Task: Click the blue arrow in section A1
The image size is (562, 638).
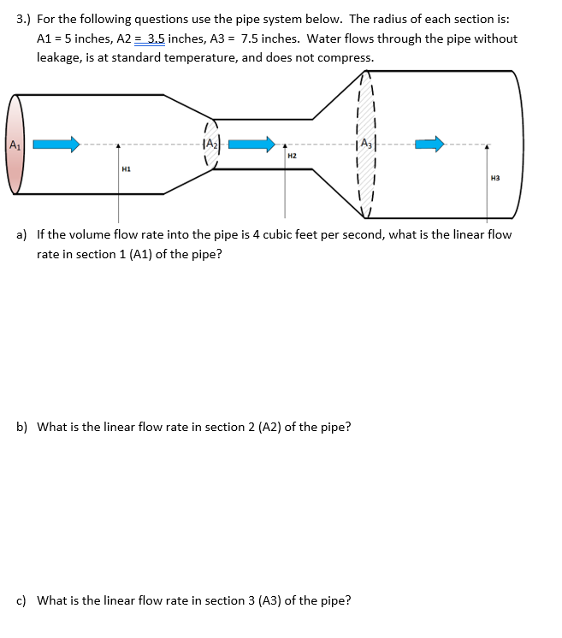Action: pos(56,144)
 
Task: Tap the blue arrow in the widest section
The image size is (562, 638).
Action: pos(429,144)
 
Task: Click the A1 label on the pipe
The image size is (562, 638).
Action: pos(15,144)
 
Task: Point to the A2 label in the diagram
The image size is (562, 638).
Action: pos(211,144)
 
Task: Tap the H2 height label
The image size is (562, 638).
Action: pos(292,157)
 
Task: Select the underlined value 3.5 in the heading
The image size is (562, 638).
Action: pos(155,38)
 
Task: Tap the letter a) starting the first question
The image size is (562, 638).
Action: pos(22,234)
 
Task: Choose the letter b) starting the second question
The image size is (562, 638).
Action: pos(22,427)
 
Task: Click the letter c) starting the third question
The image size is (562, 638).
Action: pos(22,600)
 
